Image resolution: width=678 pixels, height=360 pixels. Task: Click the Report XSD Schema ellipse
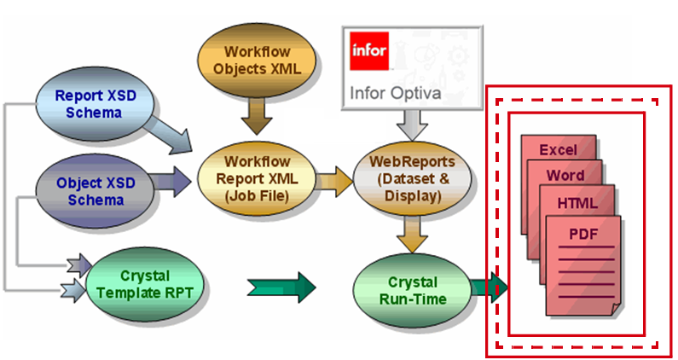point(95,104)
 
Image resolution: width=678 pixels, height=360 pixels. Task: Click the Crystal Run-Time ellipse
point(411,290)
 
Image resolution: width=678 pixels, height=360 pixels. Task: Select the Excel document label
point(557,150)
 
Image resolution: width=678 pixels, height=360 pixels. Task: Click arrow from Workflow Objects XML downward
point(256,113)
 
